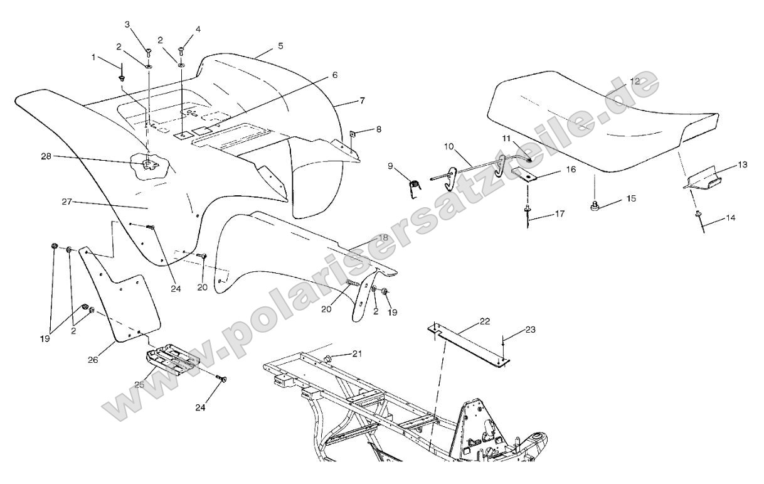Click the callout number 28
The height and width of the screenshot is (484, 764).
(x=46, y=156)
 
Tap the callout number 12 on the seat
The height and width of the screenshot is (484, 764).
(x=635, y=82)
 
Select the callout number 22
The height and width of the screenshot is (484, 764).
(x=484, y=321)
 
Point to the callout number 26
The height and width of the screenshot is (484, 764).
(x=93, y=360)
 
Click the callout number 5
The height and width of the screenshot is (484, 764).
(x=280, y=46)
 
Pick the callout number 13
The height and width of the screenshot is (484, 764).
(x=742, y=164)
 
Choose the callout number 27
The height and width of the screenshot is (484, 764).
(x=67, y=202)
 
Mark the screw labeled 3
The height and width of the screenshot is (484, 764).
(x=149, y=51)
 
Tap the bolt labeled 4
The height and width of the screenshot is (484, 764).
(x=181, y=51)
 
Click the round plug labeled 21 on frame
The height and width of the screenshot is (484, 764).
(x=329, y=359)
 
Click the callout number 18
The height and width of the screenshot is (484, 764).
(x=383, y=237)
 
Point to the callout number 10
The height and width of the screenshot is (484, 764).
(x=449, y=147)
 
